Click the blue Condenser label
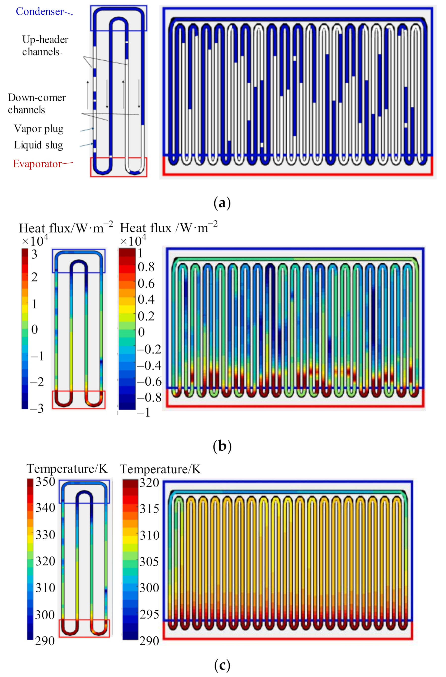40,11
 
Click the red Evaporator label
37,164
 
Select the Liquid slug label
38,145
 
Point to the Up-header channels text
45,46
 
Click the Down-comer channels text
37,103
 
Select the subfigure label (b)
222,447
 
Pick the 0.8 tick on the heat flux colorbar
146,267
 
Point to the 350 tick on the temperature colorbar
45,482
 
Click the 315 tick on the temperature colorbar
149,508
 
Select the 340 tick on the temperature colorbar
45,507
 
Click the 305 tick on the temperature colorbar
149,562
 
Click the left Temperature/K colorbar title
67,469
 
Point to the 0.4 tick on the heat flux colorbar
146,299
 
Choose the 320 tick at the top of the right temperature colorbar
149,483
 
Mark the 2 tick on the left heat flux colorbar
34,277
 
